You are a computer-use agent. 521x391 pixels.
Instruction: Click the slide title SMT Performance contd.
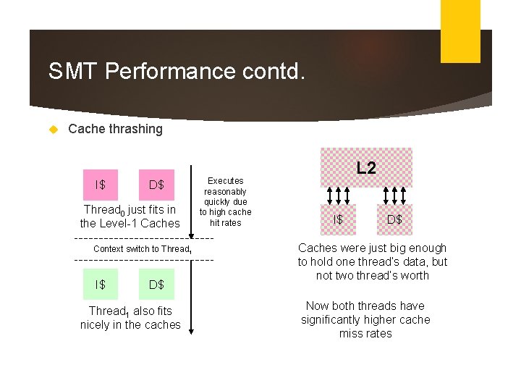pyautogui.click(x=177, y=71)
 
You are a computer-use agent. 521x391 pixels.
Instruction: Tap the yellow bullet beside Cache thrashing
pyautogui.click(x=51, y=130)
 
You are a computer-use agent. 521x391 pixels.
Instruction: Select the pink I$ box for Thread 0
pyautogui.click(x=101, y=185)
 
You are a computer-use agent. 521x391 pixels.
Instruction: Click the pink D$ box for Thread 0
pyautogui.click(x=156, y=185)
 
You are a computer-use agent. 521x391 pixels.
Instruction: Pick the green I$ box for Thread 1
pyautogui.click(x=101, y=285)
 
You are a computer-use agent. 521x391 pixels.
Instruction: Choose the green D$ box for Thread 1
pyautogui.click(x=156, y=285)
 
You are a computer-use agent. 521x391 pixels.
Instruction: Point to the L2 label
pyautogui.click(x=366, y=168)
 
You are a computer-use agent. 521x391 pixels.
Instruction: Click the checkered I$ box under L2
pyautogui.click(x=338, y=219)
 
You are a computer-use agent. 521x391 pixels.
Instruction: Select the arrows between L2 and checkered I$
pyautogui.click(x=338, y=195)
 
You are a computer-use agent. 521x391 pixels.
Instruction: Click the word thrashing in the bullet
pyautogui.click(x=138, y=129)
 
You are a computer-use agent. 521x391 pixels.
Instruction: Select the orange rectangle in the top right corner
pyautogui.click(x=460, y=30)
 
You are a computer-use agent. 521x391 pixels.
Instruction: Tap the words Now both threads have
pyautogui.click(x=365, y=306)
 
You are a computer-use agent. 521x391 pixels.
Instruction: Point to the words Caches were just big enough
pyautogui.click(x=373, y=248)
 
